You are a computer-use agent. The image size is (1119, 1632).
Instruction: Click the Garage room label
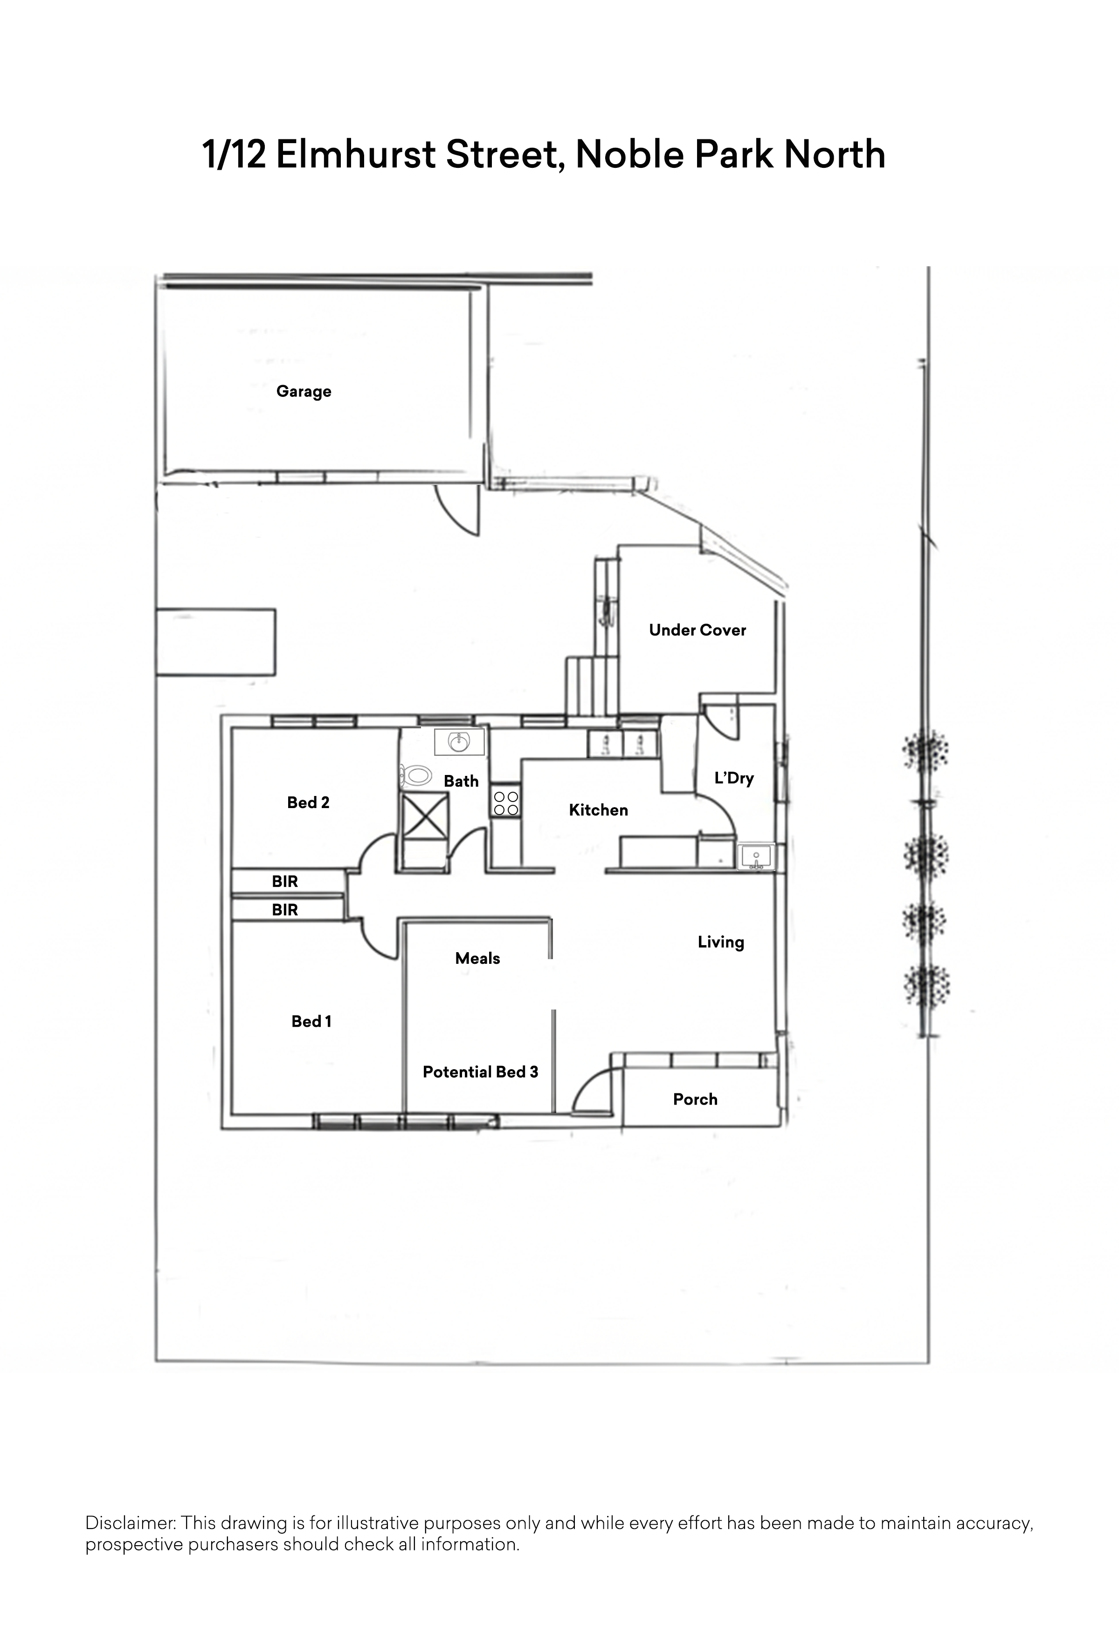303,391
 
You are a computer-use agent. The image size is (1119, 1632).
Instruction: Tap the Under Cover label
697,630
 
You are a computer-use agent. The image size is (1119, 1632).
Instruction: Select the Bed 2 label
308,802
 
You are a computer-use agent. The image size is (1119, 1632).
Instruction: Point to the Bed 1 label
311,1021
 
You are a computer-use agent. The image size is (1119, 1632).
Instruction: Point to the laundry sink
756,857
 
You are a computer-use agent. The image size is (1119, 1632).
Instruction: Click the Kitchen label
598,809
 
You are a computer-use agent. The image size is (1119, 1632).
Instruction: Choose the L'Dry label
733,778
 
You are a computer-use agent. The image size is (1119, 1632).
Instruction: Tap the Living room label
720,942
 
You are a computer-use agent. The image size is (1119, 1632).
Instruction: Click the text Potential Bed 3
480,1072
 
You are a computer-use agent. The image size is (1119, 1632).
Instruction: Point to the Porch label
695,1099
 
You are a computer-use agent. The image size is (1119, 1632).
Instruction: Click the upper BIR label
284,881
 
